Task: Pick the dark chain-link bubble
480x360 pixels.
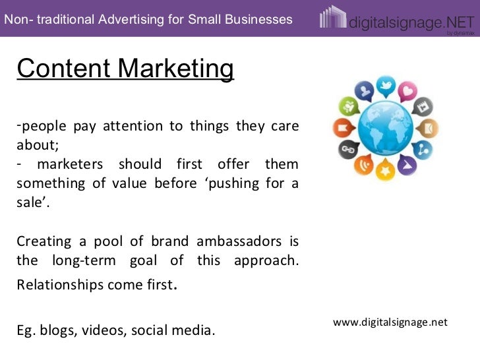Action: click(x=347, y=150)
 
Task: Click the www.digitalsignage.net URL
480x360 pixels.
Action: click(x=390, y=322)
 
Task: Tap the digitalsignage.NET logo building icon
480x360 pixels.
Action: click(x=332, y=18)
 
